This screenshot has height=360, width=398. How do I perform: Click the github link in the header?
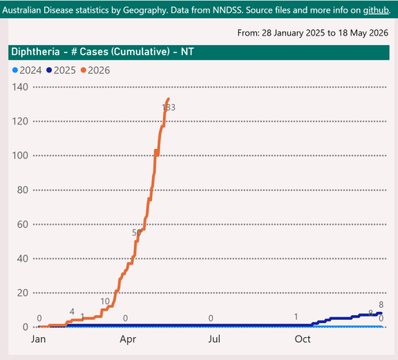[376, 10]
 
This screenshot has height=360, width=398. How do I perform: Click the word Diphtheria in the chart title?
[35, 52]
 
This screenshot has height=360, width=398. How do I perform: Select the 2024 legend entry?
[27, 70]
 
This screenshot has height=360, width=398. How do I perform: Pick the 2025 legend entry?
[61, 70]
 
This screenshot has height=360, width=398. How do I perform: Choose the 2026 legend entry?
[95, 70]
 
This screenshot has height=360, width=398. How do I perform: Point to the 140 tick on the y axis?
[20, 87]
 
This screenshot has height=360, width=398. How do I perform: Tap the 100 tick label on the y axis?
[20, 156]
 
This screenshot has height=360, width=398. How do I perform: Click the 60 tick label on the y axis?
[23, 225]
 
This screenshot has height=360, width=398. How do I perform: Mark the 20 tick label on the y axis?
[23, 293]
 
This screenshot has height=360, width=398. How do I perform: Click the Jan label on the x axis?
[39, 339]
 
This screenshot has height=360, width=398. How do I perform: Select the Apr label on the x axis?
[128, 340]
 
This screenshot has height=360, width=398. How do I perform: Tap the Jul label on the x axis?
[214, 339]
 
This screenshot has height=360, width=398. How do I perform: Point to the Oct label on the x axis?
[303, 339]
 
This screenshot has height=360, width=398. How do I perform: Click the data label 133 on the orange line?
[169, 107]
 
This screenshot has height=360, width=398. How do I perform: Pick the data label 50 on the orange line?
[136, 232]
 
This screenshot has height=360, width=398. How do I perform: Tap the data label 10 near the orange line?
[105, 302]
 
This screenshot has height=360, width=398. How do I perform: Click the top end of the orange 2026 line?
[169, 98]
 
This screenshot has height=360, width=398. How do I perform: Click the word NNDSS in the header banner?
[228, 10]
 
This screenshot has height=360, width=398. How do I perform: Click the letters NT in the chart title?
[188, 52]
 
